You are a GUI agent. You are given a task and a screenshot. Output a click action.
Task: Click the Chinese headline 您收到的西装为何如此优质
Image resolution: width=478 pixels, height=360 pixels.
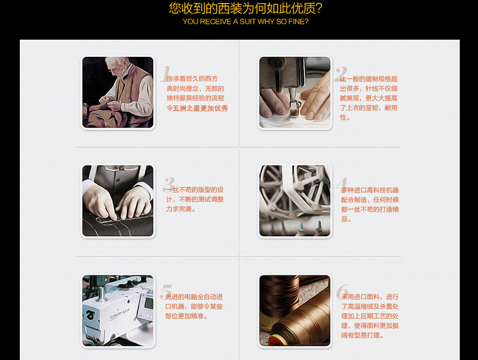pos(245,9)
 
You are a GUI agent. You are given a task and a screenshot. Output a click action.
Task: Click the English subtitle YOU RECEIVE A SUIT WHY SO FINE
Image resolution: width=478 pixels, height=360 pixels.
pos(245,22)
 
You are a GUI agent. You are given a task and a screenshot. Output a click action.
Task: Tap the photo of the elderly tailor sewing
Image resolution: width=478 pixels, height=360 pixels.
pos(118,92)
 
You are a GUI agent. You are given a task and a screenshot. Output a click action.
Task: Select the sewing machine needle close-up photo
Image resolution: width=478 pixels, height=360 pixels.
pos(295,92)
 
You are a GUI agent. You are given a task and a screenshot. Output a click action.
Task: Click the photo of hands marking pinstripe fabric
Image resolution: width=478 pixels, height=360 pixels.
pos(118,201)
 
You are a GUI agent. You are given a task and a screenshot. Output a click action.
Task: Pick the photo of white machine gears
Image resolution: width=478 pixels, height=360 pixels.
pos(295,201)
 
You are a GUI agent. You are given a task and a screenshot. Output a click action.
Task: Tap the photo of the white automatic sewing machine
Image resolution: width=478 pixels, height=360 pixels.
pos(118,310)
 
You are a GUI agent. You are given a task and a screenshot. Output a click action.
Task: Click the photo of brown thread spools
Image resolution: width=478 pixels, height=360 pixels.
pos(295,310)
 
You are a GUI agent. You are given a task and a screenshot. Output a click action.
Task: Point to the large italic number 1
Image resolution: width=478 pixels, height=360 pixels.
pos(166,74)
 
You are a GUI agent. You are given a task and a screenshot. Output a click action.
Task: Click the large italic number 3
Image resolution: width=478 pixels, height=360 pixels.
pos(168,185)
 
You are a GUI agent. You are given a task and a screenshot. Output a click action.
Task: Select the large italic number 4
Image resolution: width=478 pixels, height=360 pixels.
pos(341,184)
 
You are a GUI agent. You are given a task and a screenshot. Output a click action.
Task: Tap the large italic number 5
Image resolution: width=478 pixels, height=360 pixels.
pos(166,292)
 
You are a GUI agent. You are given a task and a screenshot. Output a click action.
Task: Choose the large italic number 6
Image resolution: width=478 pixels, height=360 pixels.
pos(342,292)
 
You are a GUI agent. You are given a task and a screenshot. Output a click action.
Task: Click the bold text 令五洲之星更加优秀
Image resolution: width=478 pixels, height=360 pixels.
pos(197,108)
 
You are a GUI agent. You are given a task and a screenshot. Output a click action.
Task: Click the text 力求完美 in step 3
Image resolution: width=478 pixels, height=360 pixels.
pos(180,209)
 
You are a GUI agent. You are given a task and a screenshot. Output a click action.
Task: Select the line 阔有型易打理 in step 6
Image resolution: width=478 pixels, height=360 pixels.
pos(363,335)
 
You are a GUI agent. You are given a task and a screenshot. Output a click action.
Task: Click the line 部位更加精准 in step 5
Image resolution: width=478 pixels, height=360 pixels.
pos(187,316)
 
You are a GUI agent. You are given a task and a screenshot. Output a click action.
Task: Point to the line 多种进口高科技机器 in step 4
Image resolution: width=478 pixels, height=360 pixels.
pos(370,190)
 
